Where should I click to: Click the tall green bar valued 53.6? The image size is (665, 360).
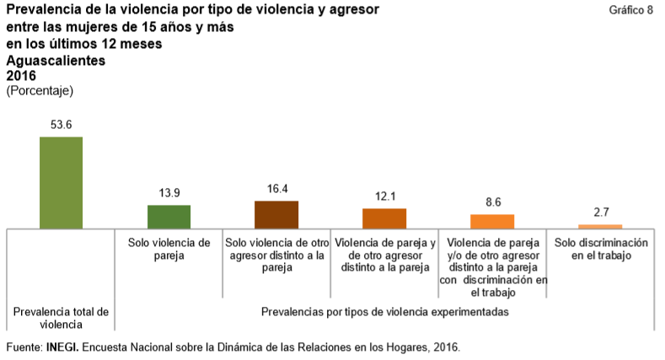(x=62, y=182)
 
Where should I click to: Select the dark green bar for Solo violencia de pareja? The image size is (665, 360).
(x=169, y=217)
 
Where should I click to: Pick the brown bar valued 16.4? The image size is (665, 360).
(x=276, y=214)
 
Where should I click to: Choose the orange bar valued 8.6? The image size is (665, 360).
(x=492, y=221)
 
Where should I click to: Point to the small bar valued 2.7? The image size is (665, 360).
(x=600, y=226)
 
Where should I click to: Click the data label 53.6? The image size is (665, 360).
(x=62, y=125)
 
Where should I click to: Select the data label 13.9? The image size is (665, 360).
(x=169, y=193)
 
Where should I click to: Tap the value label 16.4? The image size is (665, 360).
(x=276, y=189)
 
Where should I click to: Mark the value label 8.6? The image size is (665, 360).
(x=492, y=202)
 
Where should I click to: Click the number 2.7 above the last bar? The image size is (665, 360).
(x=600, y=212)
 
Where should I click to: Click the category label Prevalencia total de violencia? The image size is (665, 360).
(x=62, y=317)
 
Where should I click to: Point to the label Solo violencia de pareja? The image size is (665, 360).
(x=169, y=249)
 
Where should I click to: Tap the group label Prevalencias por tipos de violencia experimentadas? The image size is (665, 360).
(x=384, y=311)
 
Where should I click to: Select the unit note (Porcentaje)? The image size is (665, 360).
(x=39, y=89)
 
